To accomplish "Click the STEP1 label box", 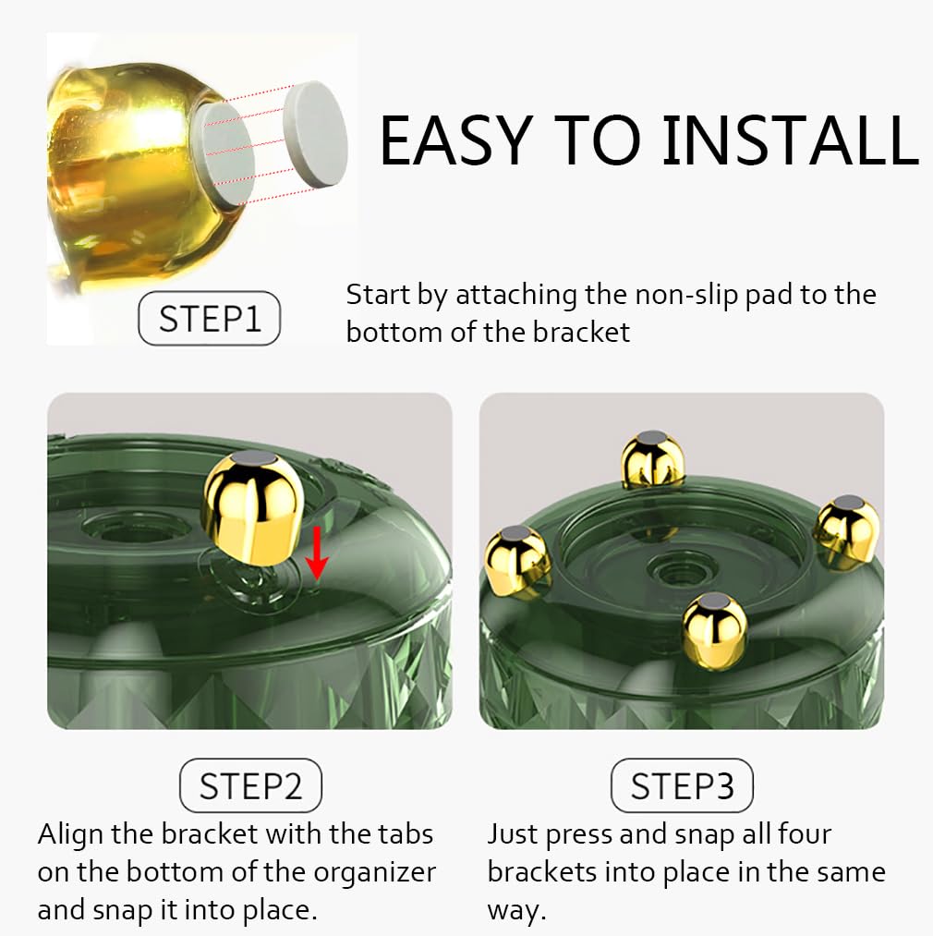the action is (209, 318).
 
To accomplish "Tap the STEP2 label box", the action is (250, 785).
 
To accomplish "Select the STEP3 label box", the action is (683, 785).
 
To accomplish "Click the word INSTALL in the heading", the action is (791, 140).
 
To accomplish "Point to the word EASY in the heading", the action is (456, 140).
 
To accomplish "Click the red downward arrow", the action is (316, 553).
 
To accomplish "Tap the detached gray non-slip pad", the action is (315, 134).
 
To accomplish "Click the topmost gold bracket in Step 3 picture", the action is (652, 459).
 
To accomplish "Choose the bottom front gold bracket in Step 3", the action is (714, 630).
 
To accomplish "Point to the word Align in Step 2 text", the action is (70, 835).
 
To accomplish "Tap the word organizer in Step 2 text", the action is (375, 873).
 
